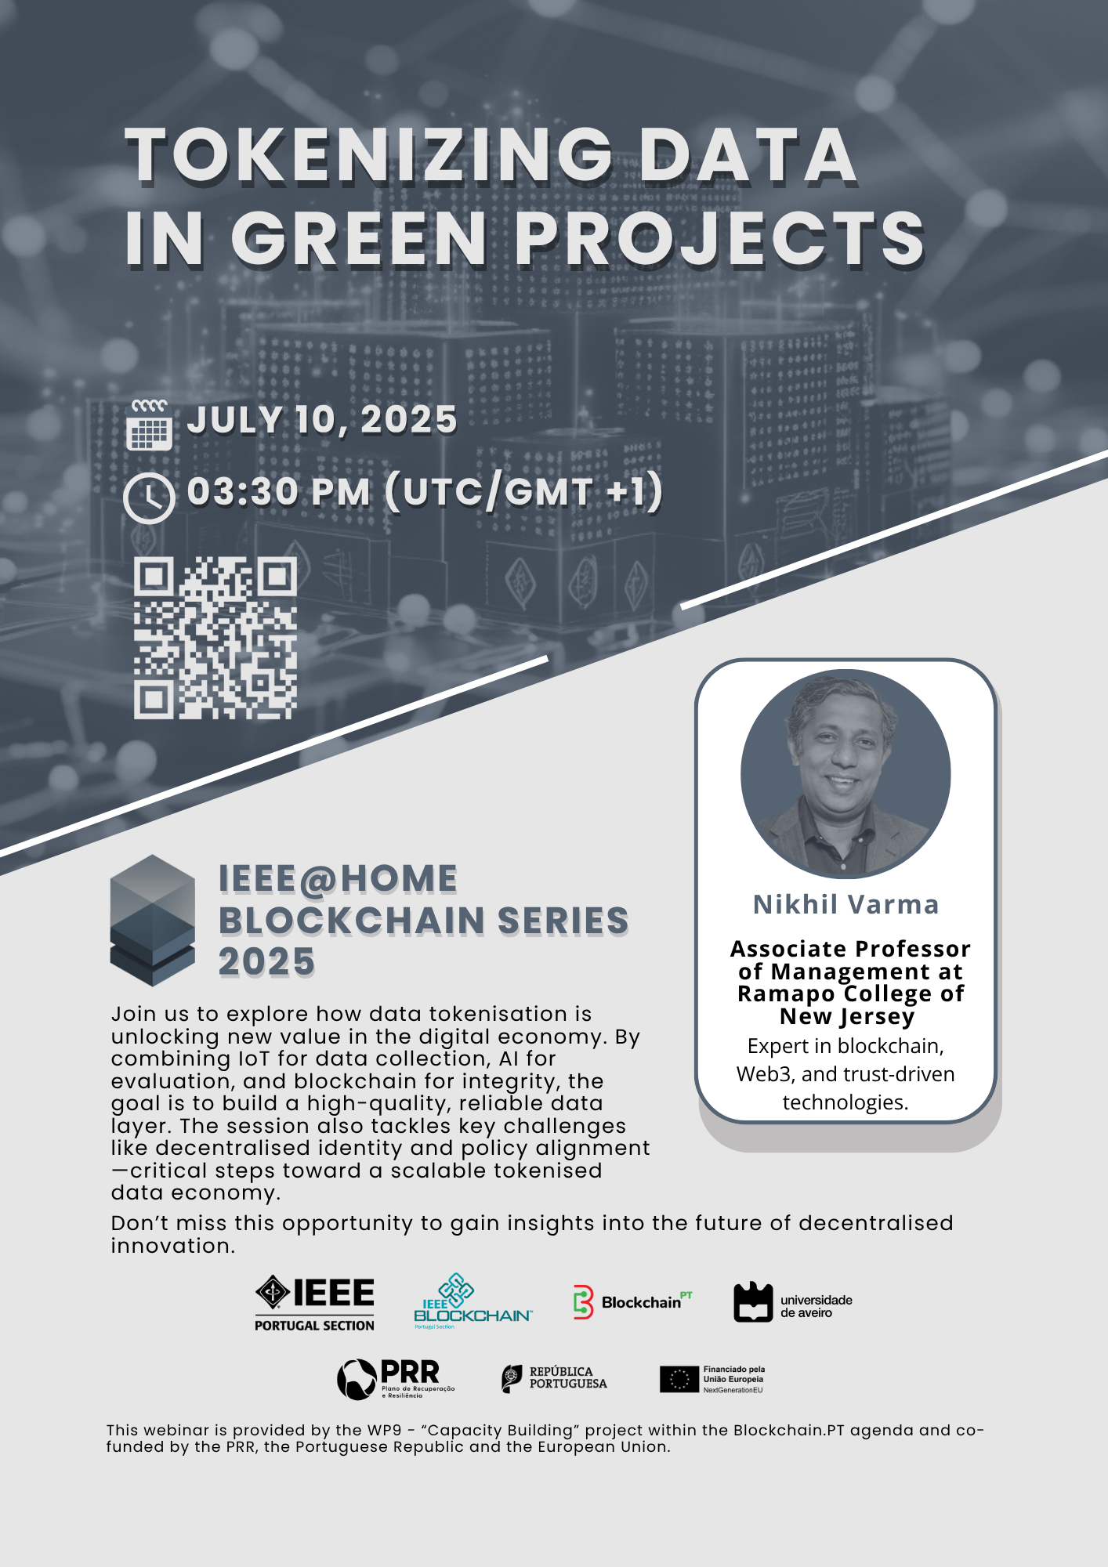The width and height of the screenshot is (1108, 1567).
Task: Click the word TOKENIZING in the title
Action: coord(369,156)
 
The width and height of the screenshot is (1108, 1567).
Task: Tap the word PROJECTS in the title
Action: coord(719,238)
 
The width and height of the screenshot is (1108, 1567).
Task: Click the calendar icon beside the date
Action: coord(149,425)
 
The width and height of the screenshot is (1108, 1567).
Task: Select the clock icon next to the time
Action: coord(149,498)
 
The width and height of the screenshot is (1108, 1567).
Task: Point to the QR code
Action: coord(215,638)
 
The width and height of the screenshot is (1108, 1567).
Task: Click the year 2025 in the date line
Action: coord(408,420)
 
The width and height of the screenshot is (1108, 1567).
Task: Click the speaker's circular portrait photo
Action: coord(845,773)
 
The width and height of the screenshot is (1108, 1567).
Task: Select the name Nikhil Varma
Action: coord(845,904)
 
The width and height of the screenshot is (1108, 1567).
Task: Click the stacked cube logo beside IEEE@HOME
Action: coord(152,921)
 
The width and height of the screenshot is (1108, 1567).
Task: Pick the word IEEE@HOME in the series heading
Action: coord(338,879)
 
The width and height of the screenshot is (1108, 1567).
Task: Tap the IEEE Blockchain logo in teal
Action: coord(473,1301)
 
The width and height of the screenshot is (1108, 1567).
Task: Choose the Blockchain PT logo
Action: coord(632,1302)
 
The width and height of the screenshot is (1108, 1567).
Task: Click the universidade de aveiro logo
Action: coord(793,1302)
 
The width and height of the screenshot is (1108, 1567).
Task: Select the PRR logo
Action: coord(396,1379)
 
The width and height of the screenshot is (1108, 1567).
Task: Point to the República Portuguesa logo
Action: coord(554,1378)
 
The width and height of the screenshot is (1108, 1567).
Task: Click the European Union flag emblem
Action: coord(679,1380)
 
